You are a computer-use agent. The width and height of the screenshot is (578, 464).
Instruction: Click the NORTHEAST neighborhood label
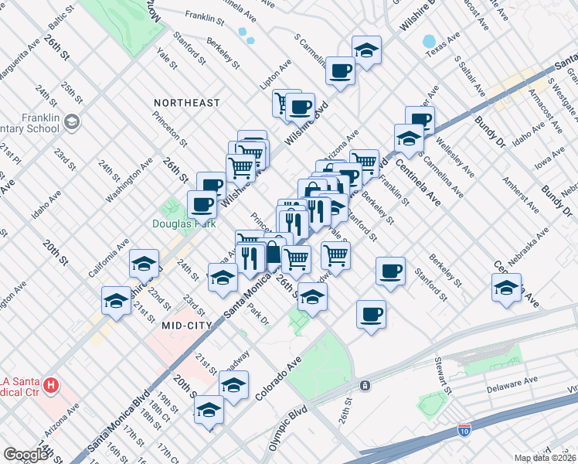[x=186, y=103]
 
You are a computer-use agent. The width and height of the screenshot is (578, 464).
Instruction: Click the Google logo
[x=25, y=455]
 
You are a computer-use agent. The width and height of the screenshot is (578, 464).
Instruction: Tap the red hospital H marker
[x=51, y=384]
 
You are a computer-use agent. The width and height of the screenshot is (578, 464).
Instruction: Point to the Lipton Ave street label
[x=270, y=80]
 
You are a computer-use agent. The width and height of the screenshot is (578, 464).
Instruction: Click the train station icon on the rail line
[x=362, y=385]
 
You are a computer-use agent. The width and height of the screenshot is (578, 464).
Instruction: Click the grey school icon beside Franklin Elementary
[x=72, y=121]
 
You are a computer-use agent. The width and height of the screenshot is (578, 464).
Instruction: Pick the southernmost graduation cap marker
[x=209, y=410]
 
